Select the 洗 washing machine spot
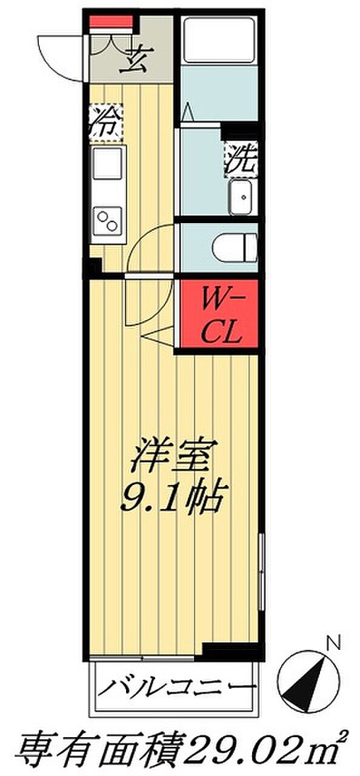[x=241, y=159]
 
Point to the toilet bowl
[x=235, y=248]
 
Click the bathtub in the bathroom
[x=219, y=40]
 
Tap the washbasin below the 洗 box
[x=241, y=197]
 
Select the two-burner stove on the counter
[x=107, y=221]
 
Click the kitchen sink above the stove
[x=107, y=164]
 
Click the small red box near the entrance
[x=112, y=21]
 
